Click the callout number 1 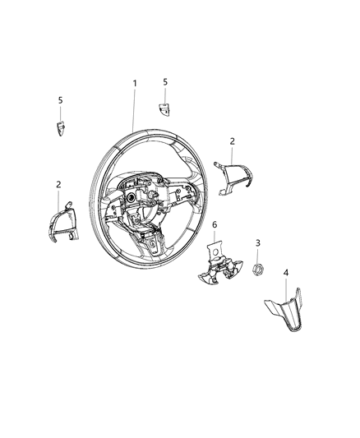[x=136, y=84]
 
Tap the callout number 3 [x=258, y=243]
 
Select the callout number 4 [x=286, y=272]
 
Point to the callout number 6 [x=215, y=224]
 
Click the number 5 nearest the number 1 [x=164, y=82]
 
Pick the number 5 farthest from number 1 [x=59, y=100]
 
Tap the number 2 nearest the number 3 [x=233, y=141]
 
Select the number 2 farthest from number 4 [x=58, y=185]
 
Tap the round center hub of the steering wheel [x=132, y=200]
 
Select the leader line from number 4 [x=286, y=289]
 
